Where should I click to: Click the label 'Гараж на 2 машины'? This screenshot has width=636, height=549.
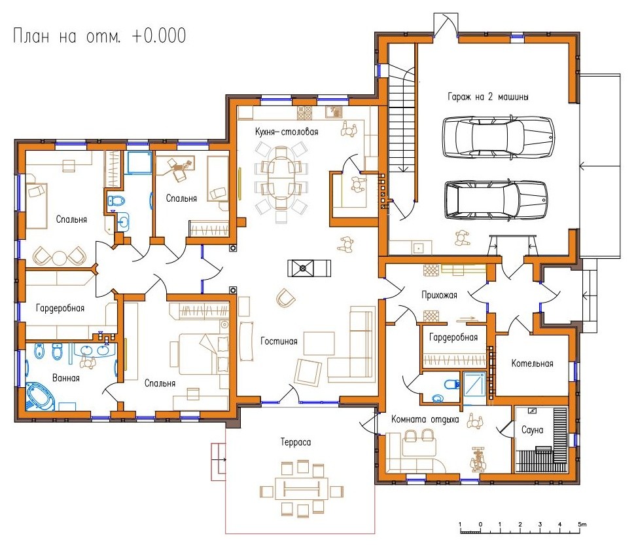coord(487,97)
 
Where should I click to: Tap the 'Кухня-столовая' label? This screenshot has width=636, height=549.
coord(287,132)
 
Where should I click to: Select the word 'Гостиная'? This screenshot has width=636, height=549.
coord(279,341)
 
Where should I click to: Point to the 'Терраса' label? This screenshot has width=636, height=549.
coord(295,442)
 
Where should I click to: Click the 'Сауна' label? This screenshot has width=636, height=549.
coord(532,430)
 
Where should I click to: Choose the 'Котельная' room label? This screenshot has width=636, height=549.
coord(532,364)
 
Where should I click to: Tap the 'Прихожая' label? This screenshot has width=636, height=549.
coord(439,295)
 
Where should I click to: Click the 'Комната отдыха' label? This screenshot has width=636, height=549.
coord(425,419)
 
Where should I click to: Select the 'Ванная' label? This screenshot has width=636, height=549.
coord(65,378)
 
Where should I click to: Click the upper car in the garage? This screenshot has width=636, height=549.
coord(498,137)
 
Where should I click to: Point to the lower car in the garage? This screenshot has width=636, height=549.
coord(496,200)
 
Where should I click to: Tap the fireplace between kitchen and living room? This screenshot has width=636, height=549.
coord(309,268)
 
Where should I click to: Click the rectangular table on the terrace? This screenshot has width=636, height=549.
coord(302,489)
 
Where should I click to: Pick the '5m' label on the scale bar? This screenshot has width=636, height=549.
coord(582,524)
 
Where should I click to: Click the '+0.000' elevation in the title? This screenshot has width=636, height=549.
coord(158,36)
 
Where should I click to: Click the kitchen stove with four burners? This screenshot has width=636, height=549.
coord(305,113)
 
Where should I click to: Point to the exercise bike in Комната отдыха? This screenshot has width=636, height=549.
coord(478,459)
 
